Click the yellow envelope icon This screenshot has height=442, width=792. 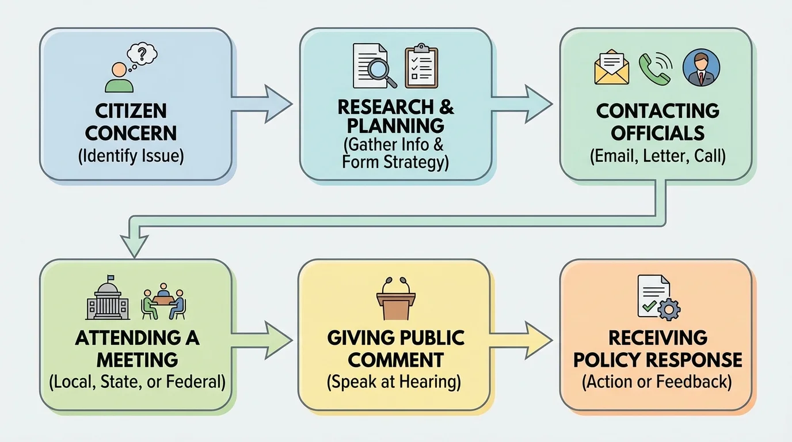point(611,67)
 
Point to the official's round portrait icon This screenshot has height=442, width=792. point(700,67)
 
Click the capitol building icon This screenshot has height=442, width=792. point(108,301)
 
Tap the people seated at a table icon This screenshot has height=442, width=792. point(163,302)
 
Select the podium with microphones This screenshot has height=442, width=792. point(396,299)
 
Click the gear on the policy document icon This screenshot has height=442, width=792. point(668,310)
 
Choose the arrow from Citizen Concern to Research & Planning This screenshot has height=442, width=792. point(265,104)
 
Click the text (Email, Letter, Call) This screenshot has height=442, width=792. point(657,157)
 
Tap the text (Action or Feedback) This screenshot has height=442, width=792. point(657,382)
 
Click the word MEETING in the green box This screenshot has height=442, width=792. point(137,360)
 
